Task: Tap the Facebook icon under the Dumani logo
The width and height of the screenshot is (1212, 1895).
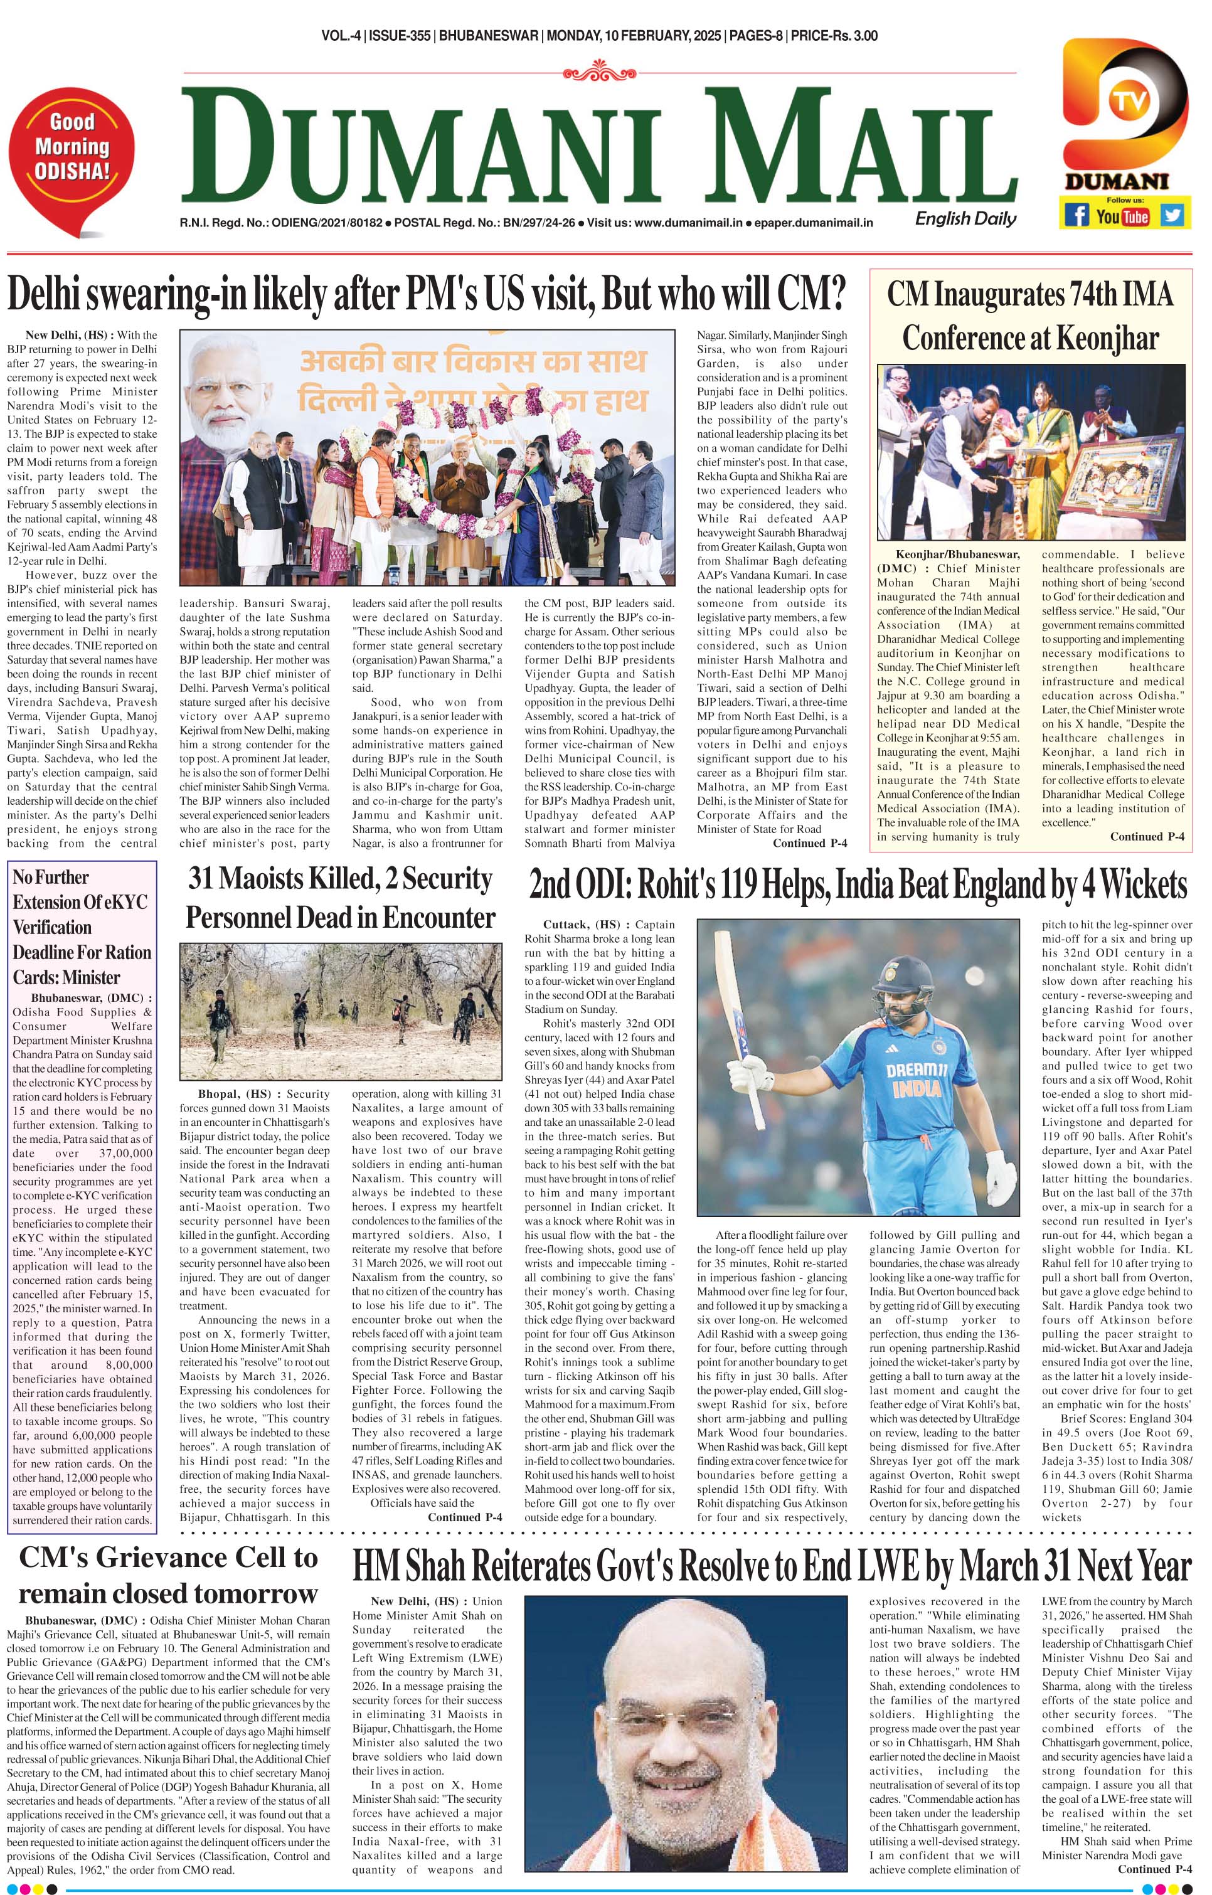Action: (x=1076, y=215)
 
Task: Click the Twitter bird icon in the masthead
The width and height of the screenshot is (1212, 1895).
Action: (x=1172, y=215)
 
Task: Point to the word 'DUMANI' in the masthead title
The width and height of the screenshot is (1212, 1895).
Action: (x=430, y=146)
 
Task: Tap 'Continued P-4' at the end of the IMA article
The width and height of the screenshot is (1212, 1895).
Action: (x=1146, y=837)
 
